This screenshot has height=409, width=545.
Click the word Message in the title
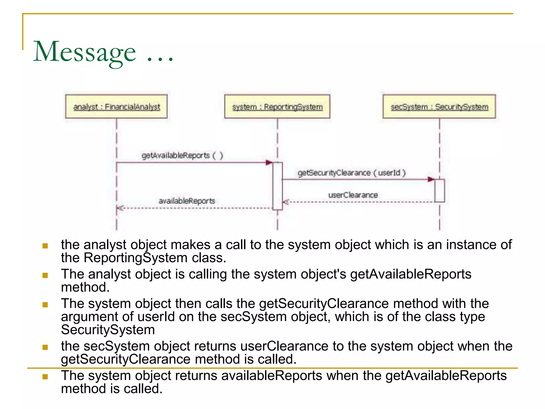tap(85, 52)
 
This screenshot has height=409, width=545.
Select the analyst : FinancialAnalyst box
tap(116, 107)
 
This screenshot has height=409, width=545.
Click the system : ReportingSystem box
tap(277, 107)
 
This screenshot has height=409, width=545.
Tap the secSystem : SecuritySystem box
tap(439, 107)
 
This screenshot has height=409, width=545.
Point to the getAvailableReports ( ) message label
tap(182, 155)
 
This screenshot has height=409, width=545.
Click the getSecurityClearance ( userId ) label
tap(351, 173)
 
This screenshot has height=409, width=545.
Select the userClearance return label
tap(353, 195)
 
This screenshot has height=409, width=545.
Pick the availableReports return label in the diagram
tap(187, 201)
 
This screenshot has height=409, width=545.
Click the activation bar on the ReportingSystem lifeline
tap(277, 186)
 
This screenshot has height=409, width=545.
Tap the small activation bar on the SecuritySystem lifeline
tap(439, 191)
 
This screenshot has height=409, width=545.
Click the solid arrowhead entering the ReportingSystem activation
tap(269, 162)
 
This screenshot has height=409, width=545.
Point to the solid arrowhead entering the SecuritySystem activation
tap(431, 179)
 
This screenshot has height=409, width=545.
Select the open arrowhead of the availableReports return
tap(120, 208)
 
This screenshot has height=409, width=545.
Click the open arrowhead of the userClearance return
tap(286, 202)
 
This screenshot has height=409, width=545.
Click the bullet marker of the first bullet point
tap(45, 246)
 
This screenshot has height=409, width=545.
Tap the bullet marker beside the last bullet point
tap(45, 377)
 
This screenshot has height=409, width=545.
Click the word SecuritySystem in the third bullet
tap(108, 330)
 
